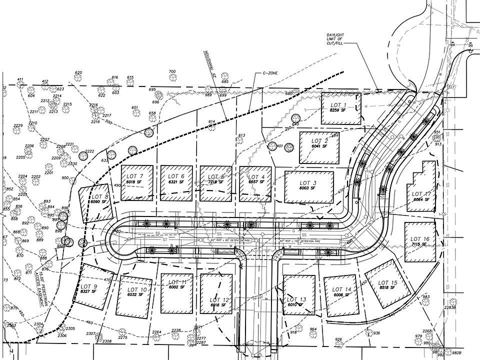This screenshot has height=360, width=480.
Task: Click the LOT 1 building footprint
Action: coord(340,108)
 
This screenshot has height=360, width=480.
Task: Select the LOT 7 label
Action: coord(134,176)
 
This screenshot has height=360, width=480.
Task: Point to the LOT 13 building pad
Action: coord(299,295)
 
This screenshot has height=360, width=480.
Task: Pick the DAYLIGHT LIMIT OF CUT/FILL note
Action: coord(333,38)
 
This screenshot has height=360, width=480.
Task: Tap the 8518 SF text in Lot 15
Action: coord(388,288)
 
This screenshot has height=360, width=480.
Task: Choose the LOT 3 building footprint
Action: coord(308,187)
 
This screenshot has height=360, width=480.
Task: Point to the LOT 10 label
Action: coord(137,289)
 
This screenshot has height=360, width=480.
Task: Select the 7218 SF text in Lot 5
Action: coord(215,183)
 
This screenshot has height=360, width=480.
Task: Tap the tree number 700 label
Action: coord(172,72)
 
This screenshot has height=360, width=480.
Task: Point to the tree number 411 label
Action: coord(20,80)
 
